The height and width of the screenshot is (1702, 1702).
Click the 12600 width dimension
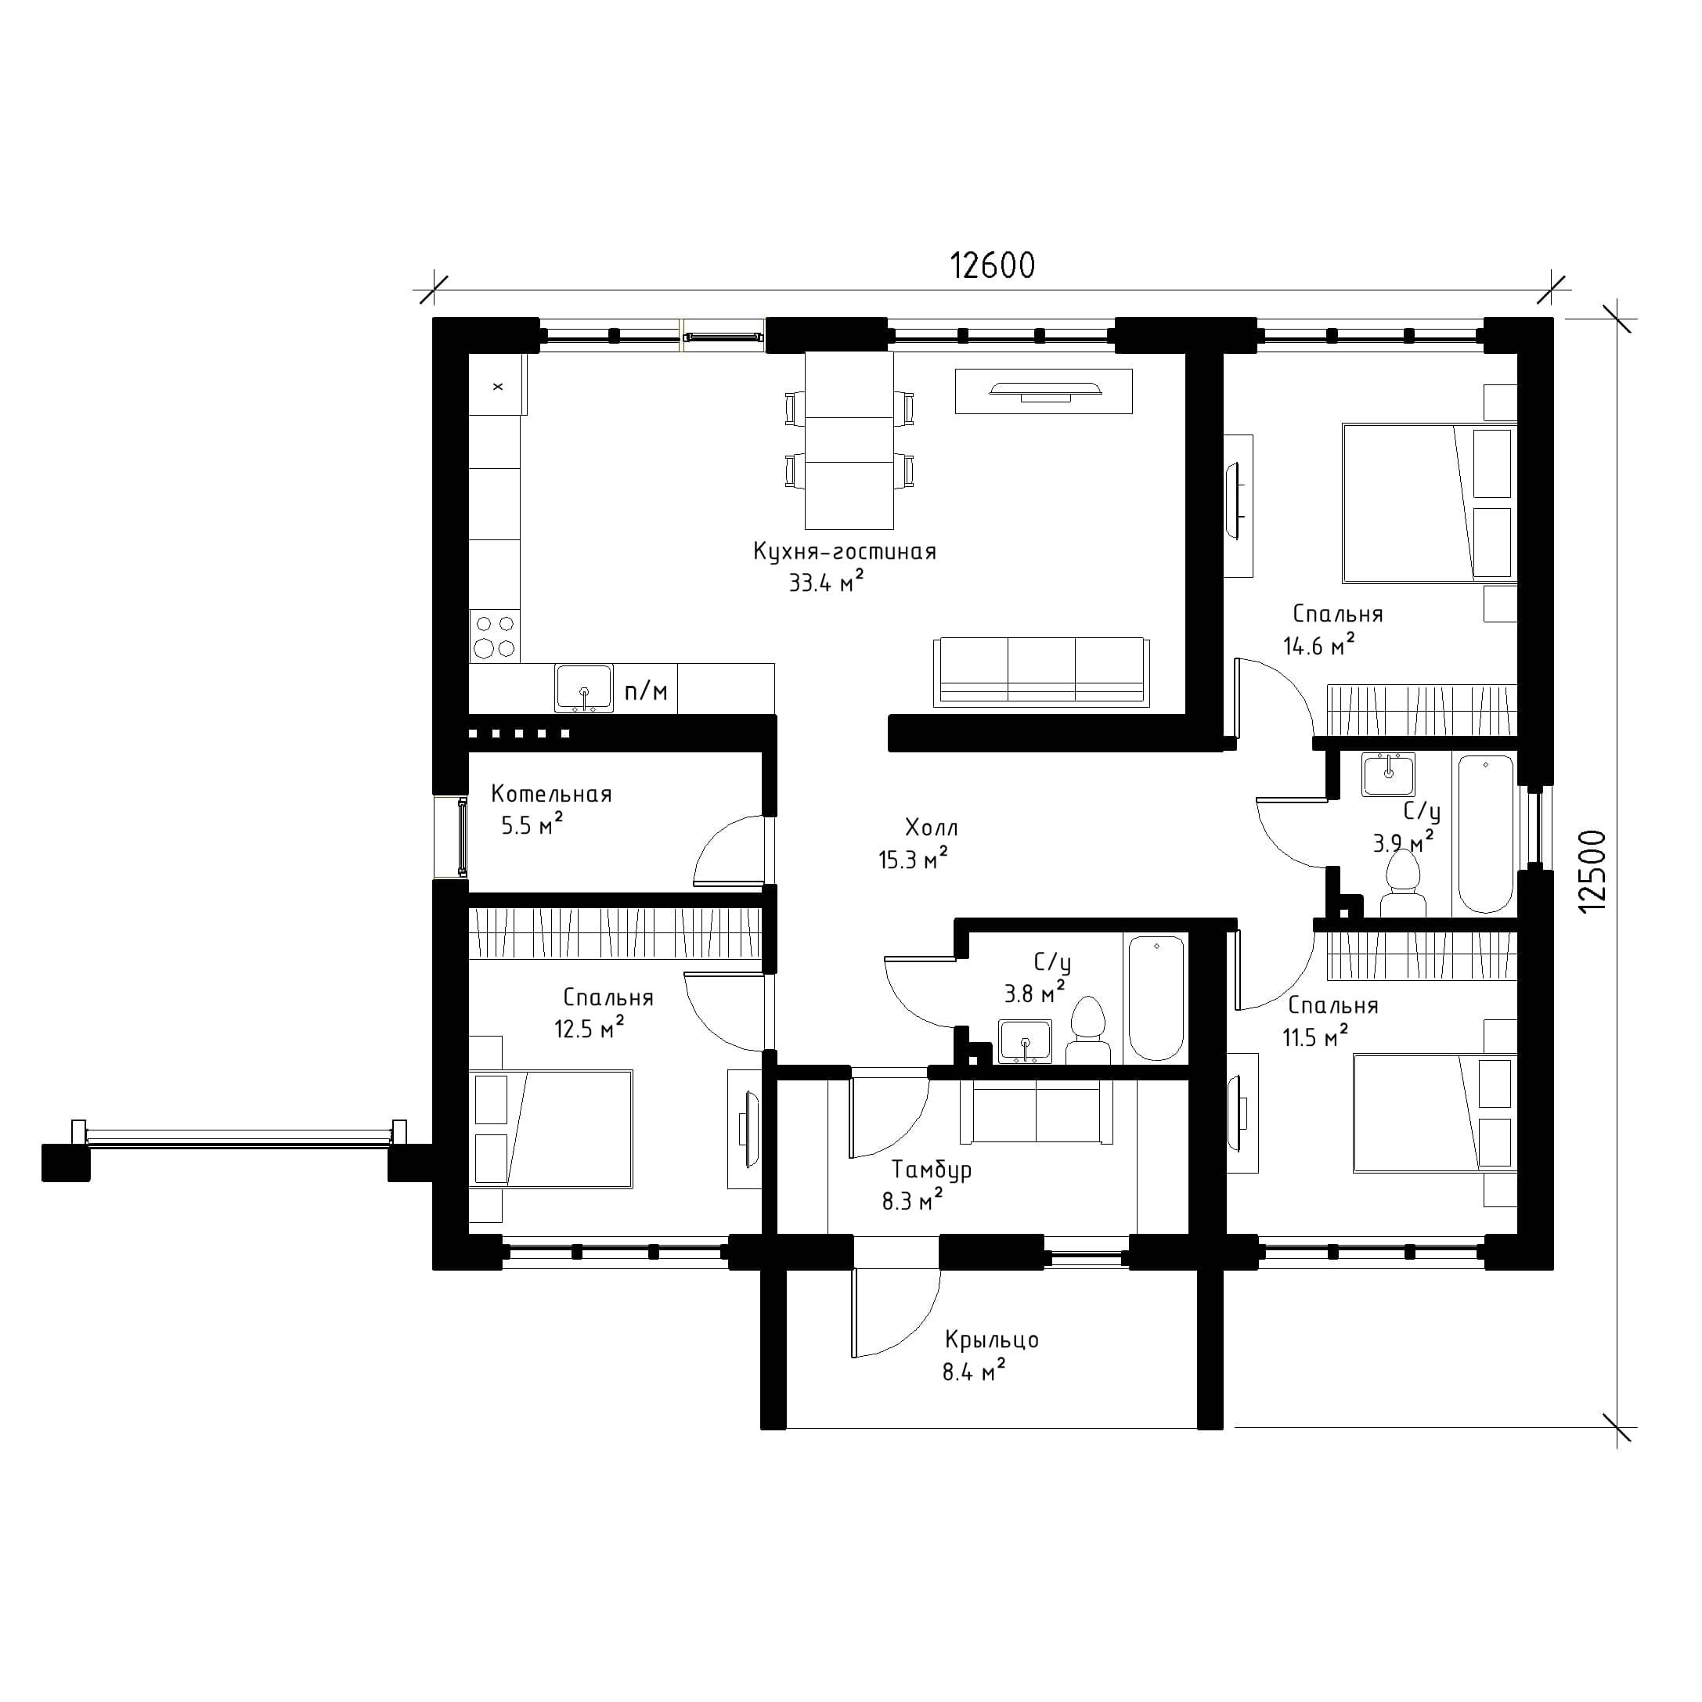pyautogui.click(x=992, y=265)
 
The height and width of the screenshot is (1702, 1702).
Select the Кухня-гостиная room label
pyautogui.click(x=844, y=551)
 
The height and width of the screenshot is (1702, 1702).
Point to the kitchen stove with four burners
pyautogui.click(x=494, y=636)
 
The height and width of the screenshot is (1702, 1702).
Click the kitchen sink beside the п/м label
pyautogui.click(x=583, y=688)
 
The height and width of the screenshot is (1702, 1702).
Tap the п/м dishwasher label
pyautogui.click(x=646, y=691)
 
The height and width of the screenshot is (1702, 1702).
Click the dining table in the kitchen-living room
pyautogui.click(x=849, y=440)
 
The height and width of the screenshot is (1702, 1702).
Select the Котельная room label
pyautogui.click(x=550, y=794)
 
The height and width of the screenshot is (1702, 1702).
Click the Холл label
pyautogui.click(x=931, y=828)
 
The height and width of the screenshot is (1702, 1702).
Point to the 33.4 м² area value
pyautogui.click(x=825, y=582)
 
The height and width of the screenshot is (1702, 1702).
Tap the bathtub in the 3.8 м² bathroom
pyautogui.click(x=1156, y=999)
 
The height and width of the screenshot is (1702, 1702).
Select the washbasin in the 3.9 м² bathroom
pyautogui.click(x=1388, y=775)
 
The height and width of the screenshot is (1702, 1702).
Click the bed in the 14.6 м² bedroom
pyautogui.click(x=1429, y=503)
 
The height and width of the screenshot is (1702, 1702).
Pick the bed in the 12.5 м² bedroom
pyautogui.click(x=550, y=1130)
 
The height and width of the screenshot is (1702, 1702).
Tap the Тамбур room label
pyautogui.click(x=931, y=1170)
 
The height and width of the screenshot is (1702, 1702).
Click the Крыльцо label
pyautogui.click(x=992, y=1340)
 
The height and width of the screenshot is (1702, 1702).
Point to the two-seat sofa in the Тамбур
pyautogui.click(x=1036, y=1111)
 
